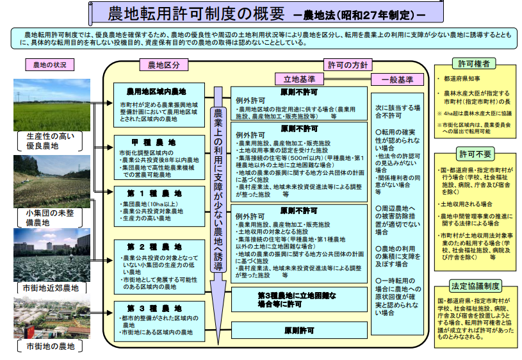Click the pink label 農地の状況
(x=49, y=65)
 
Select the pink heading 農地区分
(x=163, y=65)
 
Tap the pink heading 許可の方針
(x=348, y=65)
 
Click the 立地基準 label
(x=299, y=79)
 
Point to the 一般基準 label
(x=397, y=80)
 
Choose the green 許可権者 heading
(x=474, y=63)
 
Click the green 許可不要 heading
(x=475, y=154)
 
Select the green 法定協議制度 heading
(x=475, y=286)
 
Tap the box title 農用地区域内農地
(x=156, y=92)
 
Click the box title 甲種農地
(x=154, y=143)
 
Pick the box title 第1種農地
(x=154, y=193)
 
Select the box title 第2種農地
(x=154, y=247)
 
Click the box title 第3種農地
(x=154, y=308)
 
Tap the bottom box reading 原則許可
(x=299, y=330)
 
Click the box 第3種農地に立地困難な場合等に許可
(x=299, y=300)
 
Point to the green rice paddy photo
(x=52, y=105)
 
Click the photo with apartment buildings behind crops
(x=52, y=255)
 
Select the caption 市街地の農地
(x=51, y=347)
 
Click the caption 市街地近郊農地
(x=51, y=288)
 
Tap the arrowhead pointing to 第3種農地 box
(x=110, y=313)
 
